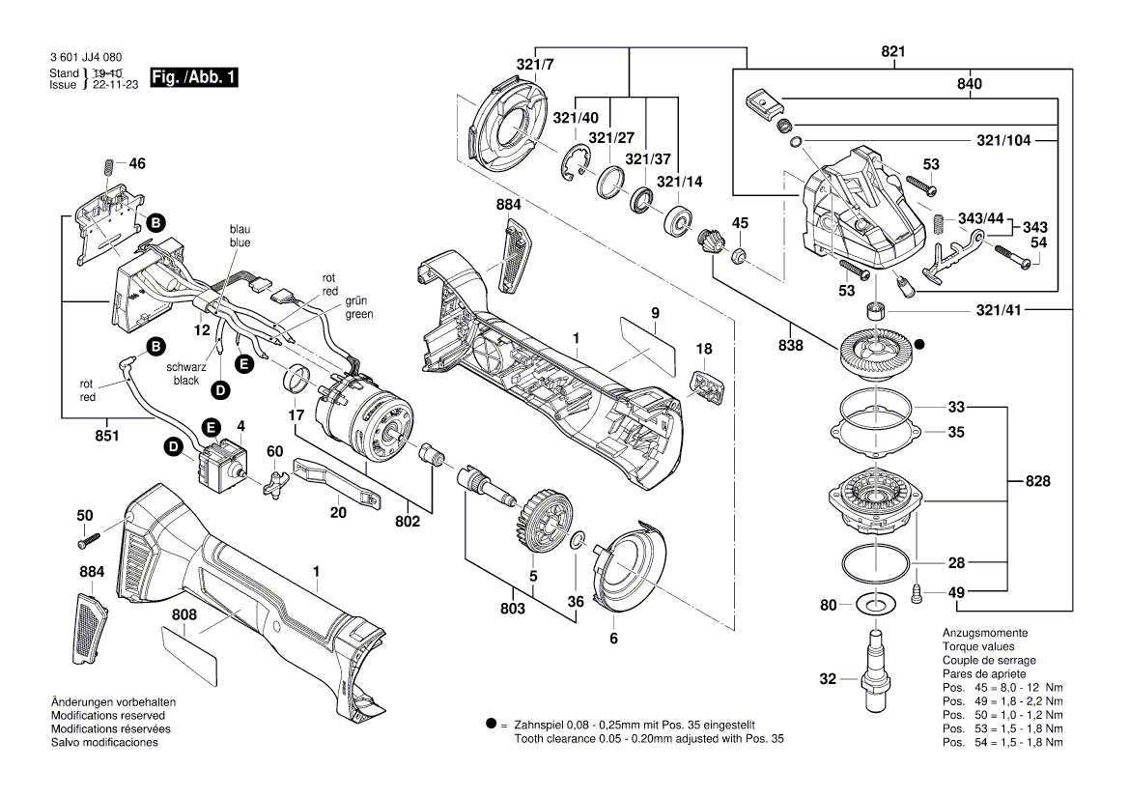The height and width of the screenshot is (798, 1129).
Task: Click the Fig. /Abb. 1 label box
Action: [194, 77]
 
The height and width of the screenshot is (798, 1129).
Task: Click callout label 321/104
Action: [1003, 140]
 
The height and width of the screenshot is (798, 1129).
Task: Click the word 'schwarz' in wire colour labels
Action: [184, 367]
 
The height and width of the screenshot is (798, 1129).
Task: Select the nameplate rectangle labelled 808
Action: [191, 653]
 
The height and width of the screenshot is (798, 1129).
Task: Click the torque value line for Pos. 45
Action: [1002, 687]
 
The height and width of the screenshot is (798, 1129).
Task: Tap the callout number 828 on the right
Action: [1038, 481]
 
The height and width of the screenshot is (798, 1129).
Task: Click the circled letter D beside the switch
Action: [174, 446]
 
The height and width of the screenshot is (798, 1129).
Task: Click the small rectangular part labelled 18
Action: [709, 386]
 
